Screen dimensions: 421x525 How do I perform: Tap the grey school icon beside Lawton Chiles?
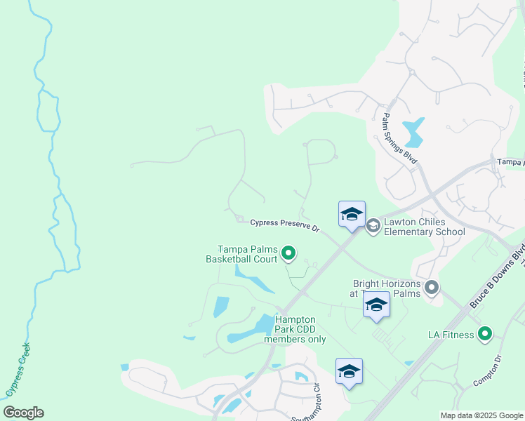point(373,225)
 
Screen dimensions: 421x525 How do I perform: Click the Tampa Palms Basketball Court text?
point(247,254)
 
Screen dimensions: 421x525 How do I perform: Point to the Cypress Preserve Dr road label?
point(285,225)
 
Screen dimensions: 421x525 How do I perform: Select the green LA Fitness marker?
point(484,334)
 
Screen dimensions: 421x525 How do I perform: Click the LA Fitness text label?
point(451,335)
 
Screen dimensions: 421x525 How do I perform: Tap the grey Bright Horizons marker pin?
point(432,287)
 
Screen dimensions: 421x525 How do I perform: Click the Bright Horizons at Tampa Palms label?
point(387,289)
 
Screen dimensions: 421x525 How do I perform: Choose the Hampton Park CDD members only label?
point(294,329)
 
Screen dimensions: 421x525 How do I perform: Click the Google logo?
point(23,413)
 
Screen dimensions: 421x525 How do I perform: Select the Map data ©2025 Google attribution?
point(481,415)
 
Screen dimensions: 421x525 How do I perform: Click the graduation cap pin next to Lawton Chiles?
point(352,215)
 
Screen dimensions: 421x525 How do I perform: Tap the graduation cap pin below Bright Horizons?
point(376,305)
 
